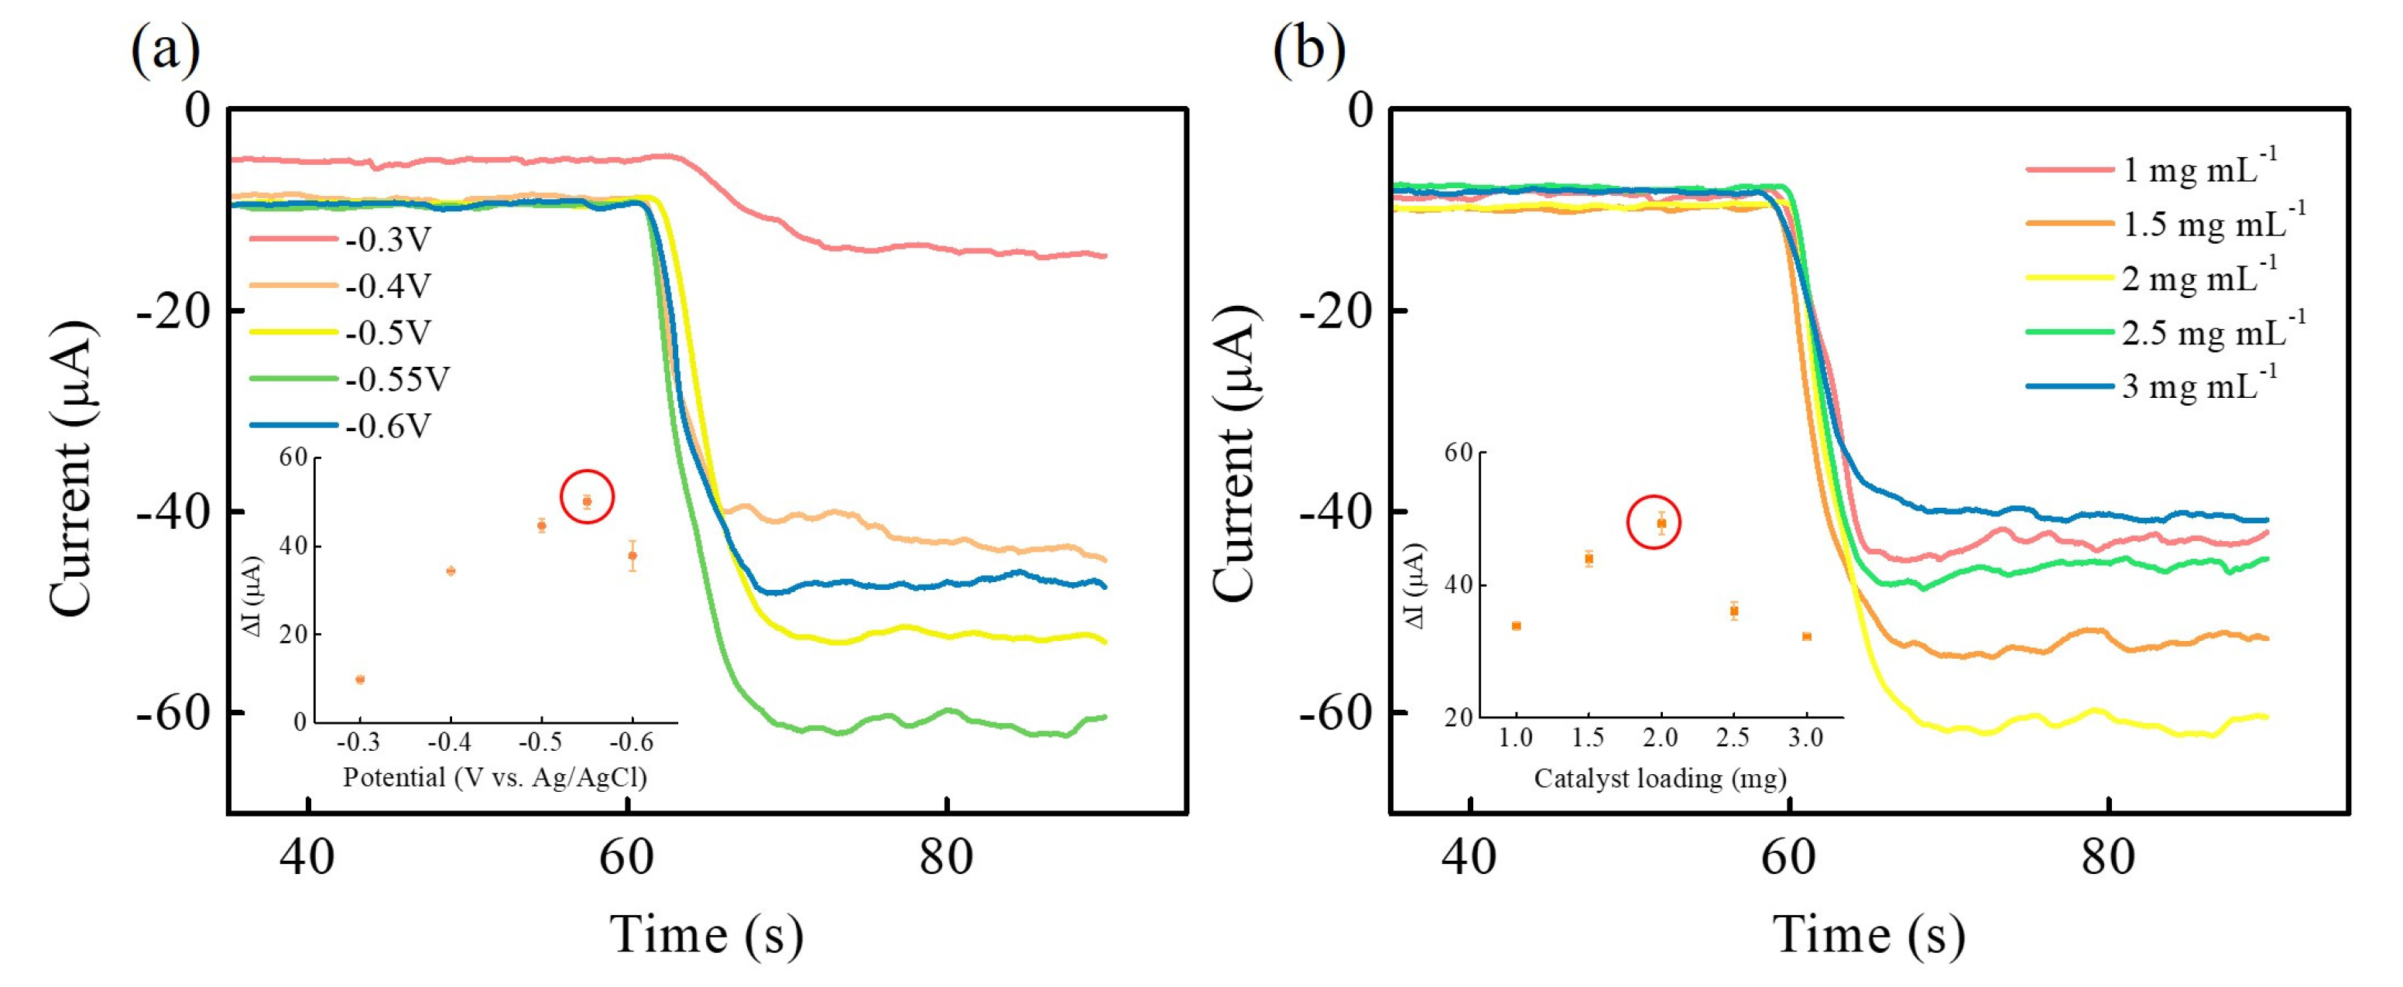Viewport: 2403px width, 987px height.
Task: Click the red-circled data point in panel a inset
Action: point(587,501)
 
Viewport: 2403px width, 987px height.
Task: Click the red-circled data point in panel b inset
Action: point(1661,523)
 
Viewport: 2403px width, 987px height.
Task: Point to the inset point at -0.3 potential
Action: point(360,679)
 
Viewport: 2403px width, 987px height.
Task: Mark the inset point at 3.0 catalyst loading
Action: point(1807,636)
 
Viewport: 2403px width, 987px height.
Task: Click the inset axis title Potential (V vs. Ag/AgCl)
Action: point(495,777)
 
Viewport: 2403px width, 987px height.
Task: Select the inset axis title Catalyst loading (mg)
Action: point(1660,777)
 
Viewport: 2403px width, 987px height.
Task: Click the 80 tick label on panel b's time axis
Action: point(2108,856)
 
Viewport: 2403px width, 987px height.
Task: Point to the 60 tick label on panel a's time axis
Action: point(627,856)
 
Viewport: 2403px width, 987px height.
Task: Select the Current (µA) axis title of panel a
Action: point(72,467)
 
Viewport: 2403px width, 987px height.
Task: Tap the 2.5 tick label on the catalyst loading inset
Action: point(1733,738)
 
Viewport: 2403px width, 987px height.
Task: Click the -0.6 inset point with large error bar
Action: point(632,556)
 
